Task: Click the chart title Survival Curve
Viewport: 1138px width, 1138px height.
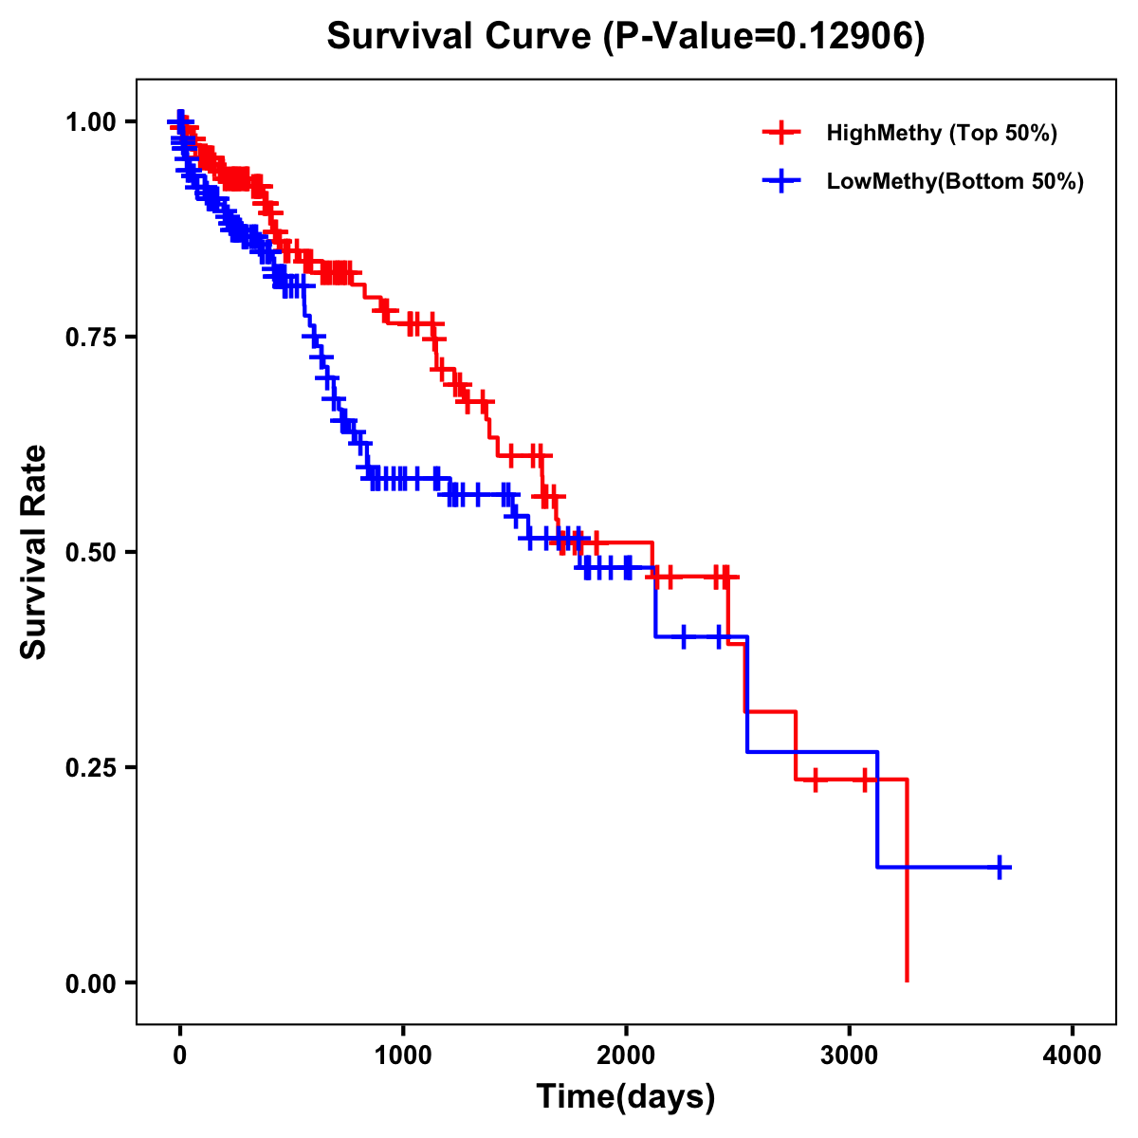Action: pos(461,37)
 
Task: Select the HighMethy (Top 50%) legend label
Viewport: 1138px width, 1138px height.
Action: pos(941,133)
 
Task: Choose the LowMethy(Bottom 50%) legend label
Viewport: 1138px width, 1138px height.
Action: pos(955,181)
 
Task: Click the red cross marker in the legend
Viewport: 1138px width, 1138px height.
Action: pos(781,133)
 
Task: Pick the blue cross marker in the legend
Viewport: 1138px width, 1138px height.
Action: pos(781,181)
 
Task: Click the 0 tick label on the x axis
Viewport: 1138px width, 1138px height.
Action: pos(180,1055)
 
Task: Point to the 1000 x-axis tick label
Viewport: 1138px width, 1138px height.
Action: pos(403,1055)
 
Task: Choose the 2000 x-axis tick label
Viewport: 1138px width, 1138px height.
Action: pos(626,1055)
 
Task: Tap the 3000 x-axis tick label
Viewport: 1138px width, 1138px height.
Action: pos(850,1055)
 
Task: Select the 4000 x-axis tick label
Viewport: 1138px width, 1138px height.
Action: pos(1073,1055)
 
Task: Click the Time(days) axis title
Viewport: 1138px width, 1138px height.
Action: pos(626,1097)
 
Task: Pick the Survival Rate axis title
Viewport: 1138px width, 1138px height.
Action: pos(34,552)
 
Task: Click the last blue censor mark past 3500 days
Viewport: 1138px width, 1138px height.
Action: pos(1000,867)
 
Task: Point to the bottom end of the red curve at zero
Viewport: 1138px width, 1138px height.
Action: pos(908,980)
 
